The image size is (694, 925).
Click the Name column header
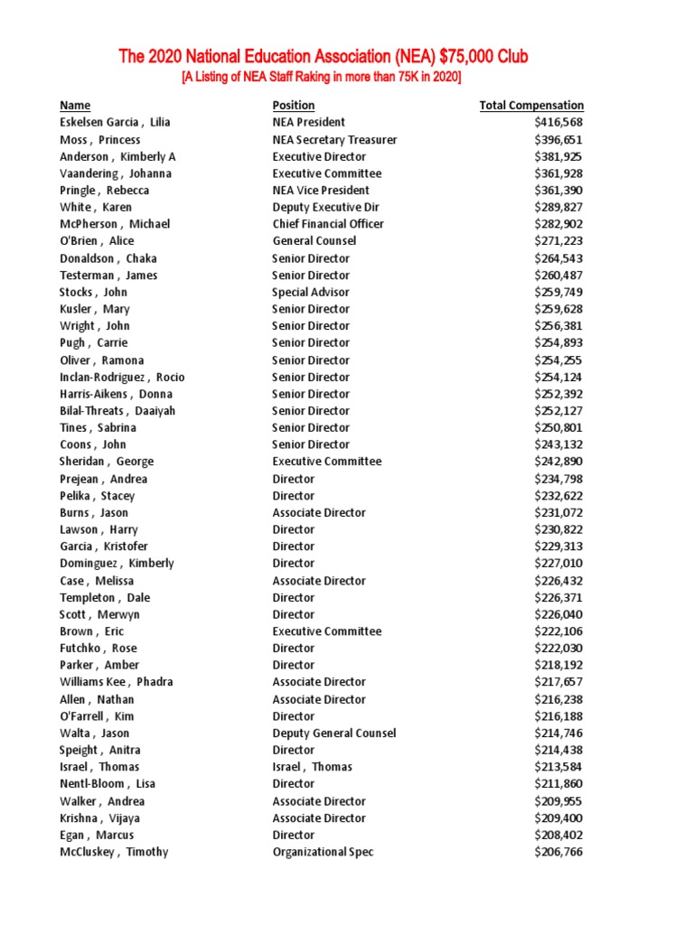click(75, 106)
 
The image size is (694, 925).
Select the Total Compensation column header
click(531, 106)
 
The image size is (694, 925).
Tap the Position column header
click(294, 106)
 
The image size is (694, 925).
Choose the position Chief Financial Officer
click(328, 224)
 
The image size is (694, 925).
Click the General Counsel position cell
click(314, 241)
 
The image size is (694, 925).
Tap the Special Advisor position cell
click(311, 292)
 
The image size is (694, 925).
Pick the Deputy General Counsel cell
click(334, 733)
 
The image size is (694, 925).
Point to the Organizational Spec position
click(323, 852)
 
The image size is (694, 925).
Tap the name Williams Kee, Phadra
click(117, 682)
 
